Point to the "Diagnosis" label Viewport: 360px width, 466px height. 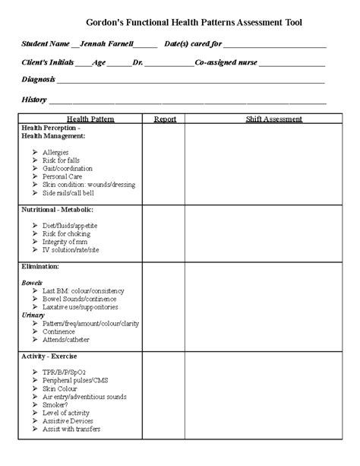pyautogui.click(x=39, y=80)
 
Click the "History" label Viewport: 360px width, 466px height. pyautogui.click(x=34, y=100)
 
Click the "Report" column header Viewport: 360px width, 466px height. pyautogui.click(x=165, y=119)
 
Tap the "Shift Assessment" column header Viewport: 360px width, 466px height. pyautogui.click(x=273, y=119)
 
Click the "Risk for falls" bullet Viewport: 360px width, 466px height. pyautogui.click(x=61, y=160)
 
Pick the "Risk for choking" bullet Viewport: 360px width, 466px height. pyautogui.click(x=66, y=233)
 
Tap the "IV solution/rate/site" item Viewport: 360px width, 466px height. pyautogui.click(x=72, y=250)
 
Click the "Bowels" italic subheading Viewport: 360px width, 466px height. pyautogui.click(x=32, y=282)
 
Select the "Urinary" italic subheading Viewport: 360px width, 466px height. pyautogui.click(x=33, y=315)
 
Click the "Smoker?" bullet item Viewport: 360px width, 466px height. pyautogui.click(x=55, y=404)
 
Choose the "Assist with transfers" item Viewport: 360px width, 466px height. pyautogui.click(x=72, y=429)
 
